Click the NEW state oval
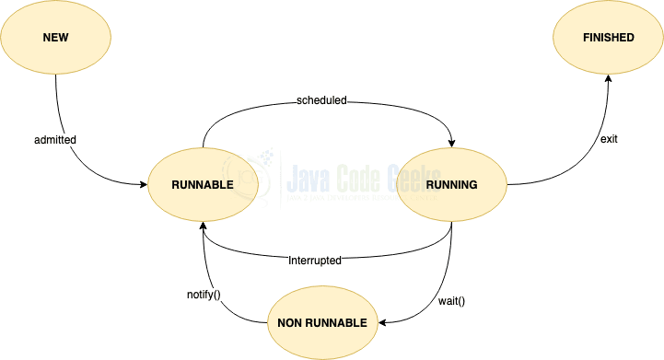56,38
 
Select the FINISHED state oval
608,38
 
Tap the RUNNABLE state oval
203,184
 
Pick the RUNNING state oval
452,184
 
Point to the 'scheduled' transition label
321,99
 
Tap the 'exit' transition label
609,139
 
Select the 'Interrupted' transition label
315,261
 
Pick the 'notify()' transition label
204,296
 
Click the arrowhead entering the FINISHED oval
608,80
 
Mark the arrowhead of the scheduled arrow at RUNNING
451,142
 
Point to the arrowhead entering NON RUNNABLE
383,322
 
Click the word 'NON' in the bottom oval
290,322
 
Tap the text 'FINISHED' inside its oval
608,38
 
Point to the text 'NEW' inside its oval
56,38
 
